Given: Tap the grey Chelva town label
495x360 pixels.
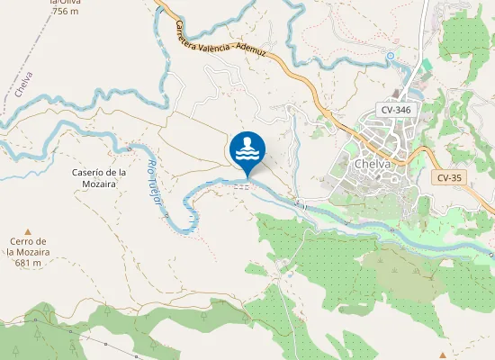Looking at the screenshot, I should (372, 165).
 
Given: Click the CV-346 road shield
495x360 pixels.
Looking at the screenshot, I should (395, 110).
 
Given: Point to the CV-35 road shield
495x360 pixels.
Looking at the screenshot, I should (449, 178).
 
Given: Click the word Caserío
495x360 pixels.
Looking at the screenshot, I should (87, 172).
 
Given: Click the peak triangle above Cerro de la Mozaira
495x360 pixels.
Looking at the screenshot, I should (27, 230).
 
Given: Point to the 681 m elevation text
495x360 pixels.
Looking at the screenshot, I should (27, 263).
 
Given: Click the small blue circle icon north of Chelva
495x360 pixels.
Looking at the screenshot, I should (390, 56).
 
